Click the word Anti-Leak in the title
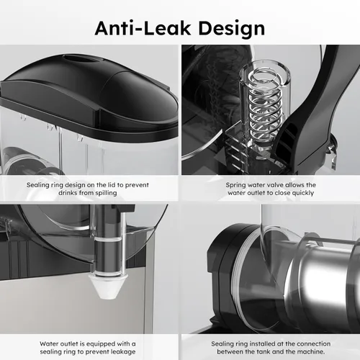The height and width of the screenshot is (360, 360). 143,28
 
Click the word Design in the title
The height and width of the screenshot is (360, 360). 232,29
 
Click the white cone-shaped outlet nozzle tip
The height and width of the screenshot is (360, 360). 108,287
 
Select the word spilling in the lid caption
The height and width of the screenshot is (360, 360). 107,193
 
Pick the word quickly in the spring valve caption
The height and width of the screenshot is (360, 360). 303,193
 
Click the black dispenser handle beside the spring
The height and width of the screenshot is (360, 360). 310,108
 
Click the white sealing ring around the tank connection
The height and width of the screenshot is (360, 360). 238,272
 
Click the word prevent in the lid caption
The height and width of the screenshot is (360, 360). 137,185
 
